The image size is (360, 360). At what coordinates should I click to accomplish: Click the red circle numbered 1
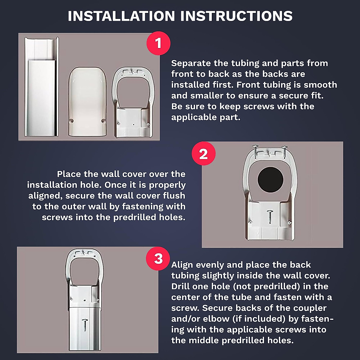point(158,43)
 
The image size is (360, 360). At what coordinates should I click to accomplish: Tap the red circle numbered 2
point(203,154)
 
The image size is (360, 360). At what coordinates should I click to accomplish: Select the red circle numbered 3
point(158,258)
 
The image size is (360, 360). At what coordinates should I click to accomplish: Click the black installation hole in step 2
point(270,180)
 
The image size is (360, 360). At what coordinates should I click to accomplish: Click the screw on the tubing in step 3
point(85,325)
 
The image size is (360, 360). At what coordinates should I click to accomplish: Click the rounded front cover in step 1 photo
point(87,102)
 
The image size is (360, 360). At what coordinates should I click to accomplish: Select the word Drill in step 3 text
point(181,286)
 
